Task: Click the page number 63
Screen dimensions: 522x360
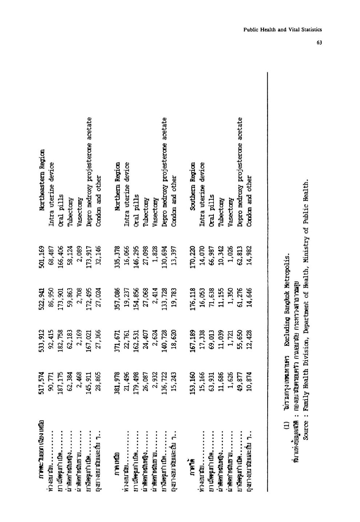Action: tap(319, 42)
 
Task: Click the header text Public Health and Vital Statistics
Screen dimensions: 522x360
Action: tap(283, 30)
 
